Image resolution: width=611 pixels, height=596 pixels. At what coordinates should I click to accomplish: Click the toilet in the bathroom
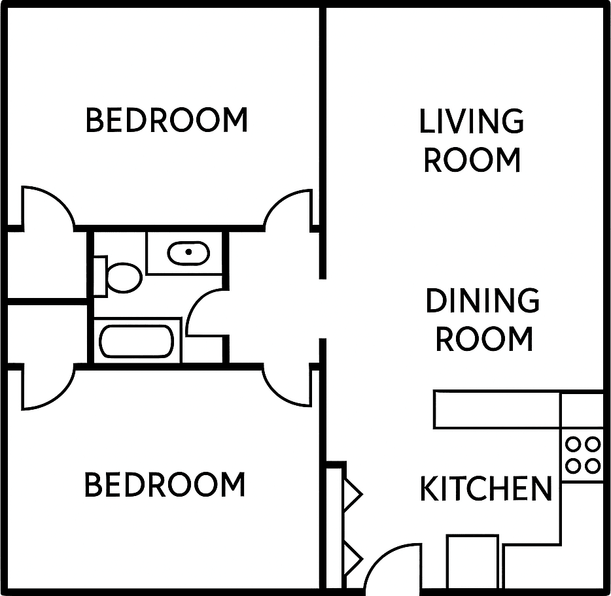[x=123, y=277]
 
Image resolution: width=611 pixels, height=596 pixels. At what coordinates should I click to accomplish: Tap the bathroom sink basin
[x=188, y=252]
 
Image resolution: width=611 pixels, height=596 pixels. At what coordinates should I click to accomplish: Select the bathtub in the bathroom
[x=136, y=341]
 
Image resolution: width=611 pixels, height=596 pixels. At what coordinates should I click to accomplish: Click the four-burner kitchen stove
[x=582, y=455]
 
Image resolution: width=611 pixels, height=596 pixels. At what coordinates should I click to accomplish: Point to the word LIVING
[x=471, y=122]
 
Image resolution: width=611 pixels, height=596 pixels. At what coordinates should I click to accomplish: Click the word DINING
[x=483, y=301]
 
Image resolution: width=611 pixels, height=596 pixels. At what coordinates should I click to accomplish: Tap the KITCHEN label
[x=485, y=489]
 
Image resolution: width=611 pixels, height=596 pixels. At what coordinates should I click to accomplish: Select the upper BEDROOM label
[x=167, y=120]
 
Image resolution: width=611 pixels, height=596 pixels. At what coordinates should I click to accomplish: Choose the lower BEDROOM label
[x=165, y=485]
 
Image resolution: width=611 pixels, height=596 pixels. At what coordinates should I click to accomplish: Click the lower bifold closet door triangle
[x=353, y=557]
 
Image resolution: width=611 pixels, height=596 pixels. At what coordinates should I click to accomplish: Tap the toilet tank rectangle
[x=100, y=276]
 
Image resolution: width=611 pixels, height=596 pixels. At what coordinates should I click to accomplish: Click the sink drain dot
[x=188, y=252]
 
